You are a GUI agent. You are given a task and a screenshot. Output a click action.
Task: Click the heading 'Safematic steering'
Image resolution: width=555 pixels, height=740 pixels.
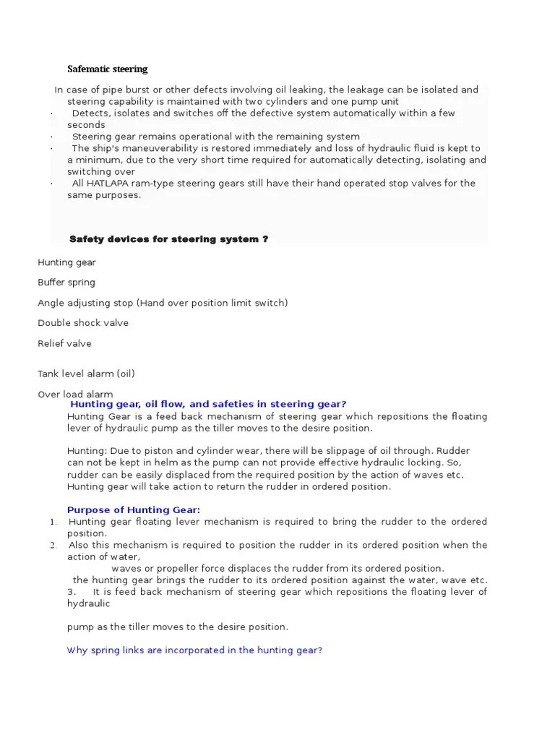pos(107,69)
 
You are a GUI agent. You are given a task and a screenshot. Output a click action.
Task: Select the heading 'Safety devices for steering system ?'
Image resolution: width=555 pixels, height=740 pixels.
pos(168,239)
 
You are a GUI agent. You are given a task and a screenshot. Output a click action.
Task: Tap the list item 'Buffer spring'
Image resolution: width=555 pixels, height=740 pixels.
pos(66,283)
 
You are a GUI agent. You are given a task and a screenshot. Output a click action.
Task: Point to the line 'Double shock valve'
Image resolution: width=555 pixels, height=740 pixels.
pos(83,323)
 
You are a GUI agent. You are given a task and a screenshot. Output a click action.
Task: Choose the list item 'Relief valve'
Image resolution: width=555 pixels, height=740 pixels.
pos(64,343)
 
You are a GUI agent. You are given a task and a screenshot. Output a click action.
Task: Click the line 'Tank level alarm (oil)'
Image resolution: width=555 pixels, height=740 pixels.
pos(86,374)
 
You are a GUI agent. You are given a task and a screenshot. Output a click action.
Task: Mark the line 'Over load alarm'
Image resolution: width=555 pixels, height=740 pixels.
pos(75,394)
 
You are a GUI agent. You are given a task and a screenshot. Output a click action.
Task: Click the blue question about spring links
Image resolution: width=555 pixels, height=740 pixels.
pos(194,650)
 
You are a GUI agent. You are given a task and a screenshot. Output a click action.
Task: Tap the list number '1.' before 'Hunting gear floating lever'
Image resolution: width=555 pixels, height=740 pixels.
pos(53,522)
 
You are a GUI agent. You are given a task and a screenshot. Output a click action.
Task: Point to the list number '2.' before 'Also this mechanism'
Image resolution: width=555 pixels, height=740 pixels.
pos(53,545)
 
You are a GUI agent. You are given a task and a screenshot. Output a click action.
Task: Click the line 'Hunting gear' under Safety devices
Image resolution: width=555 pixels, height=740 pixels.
pos(66,262)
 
